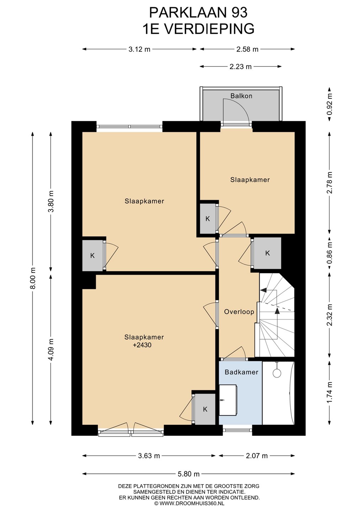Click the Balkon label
241,96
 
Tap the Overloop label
239,312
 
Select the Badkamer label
241,372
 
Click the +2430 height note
142,345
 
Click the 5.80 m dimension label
188,474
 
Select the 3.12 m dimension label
139,49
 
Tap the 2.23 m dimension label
240,66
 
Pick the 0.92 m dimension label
329,104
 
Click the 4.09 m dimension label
52,350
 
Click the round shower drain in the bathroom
277,373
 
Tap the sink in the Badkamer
228,400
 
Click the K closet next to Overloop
267,253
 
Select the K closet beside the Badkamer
205,409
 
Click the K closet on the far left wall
92,256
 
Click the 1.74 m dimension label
329,393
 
